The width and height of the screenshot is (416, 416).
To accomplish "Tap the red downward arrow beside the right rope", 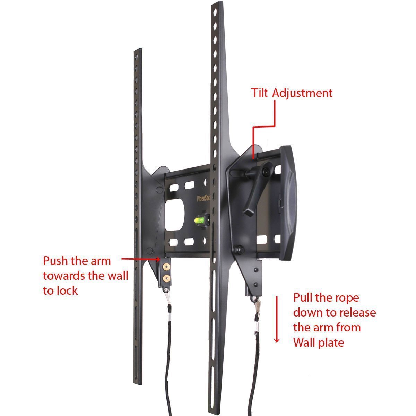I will pos(277,319).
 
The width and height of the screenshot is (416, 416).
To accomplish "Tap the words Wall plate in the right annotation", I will pos(319,343).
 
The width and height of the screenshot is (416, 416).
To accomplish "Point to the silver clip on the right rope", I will pos(257,305).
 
